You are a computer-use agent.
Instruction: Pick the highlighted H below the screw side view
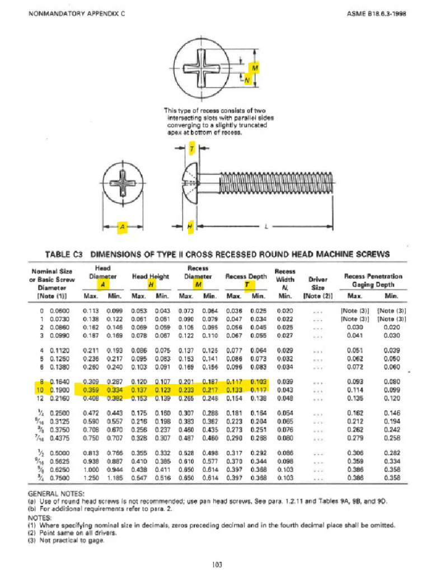coord(190,226)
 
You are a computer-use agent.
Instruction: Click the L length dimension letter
coord(267,226)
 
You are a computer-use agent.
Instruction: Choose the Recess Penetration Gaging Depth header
coord(373,280)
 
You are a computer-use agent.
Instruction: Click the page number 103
coord(214,564)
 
